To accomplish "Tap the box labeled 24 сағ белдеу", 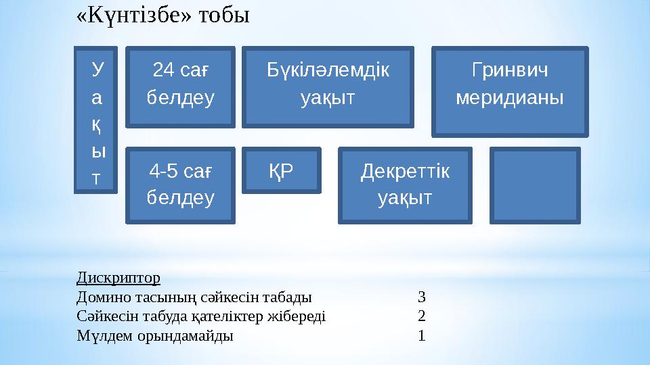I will (x=181, y=86).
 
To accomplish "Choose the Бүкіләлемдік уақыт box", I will (x=328, y=86).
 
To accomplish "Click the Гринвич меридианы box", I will (x=510, y=90).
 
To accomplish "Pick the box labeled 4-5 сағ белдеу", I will (x=181, y=185).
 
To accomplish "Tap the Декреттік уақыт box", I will (x=404, y=185).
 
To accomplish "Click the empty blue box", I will (x=535, y=186).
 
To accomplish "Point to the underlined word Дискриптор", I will (x=118, y=278).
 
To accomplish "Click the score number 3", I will (x=422, y=296).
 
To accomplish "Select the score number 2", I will (x=422, y=316).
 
